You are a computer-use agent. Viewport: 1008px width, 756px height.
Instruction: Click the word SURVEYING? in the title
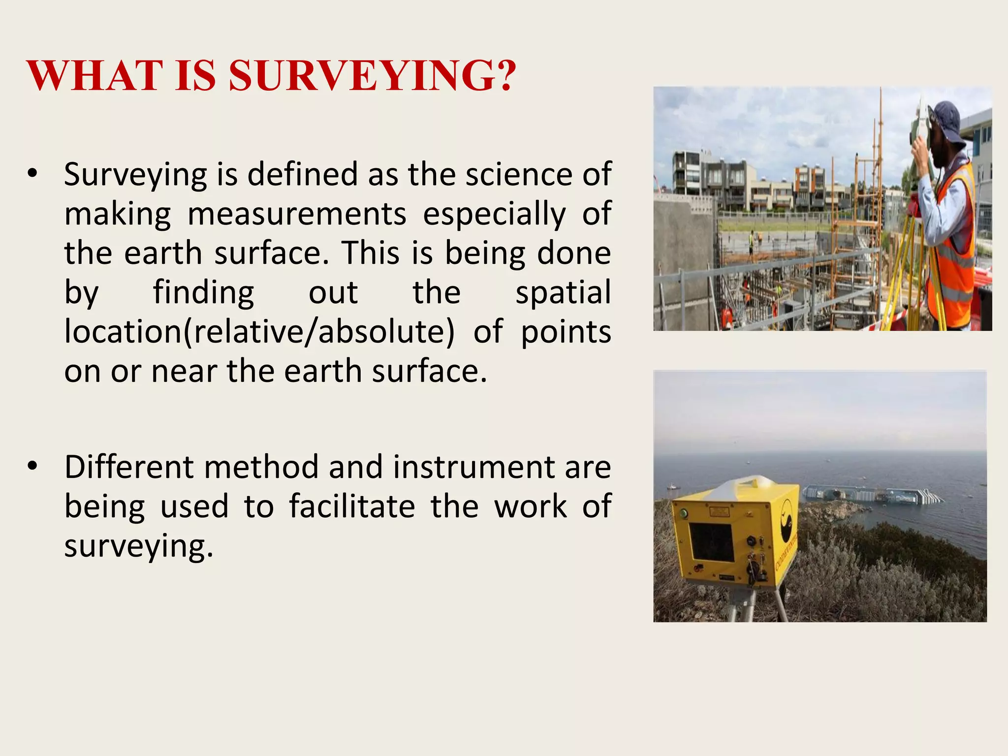click(373, 76)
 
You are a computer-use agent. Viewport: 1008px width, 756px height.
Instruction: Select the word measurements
click(297, 215)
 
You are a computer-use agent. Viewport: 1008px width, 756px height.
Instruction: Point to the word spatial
click(563, 293)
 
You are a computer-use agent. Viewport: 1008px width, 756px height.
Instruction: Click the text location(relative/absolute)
click(259, 332)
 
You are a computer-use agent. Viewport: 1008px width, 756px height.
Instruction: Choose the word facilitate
click(352, 506)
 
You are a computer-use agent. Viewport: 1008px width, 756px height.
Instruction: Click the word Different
click(129, 467)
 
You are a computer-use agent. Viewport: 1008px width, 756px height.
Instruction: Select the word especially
click(494, 215)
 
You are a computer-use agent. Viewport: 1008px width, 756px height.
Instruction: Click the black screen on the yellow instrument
click(711, 541)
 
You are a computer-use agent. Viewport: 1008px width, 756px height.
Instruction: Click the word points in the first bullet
click(566, 332)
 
